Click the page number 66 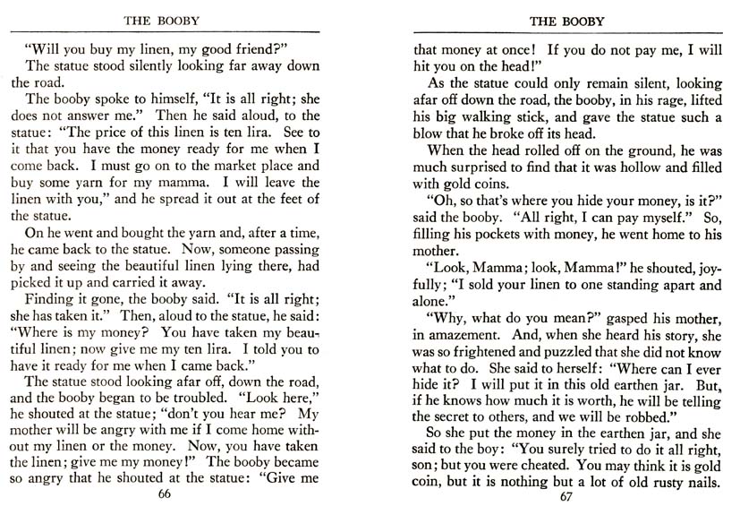(x=163, y=493)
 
